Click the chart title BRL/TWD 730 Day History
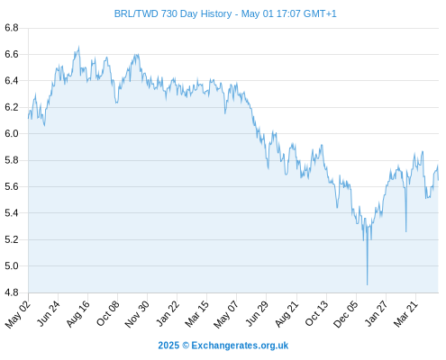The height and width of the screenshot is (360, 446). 173,13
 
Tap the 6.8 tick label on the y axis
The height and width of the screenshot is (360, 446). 12,28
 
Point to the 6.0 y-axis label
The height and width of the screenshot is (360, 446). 12,133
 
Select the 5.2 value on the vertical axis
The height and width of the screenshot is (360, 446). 12,239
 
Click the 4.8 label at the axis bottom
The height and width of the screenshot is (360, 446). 12,292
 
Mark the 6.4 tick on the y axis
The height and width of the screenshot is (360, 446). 12,81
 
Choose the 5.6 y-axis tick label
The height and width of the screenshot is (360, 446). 12,186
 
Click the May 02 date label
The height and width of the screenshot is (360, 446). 18,314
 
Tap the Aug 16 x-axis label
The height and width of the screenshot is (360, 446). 77,314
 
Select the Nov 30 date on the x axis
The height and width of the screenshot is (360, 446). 137,314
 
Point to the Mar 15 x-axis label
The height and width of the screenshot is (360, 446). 196,314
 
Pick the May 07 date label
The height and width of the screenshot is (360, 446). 226,314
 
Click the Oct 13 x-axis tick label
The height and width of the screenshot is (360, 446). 316,314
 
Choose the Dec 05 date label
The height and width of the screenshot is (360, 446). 346,314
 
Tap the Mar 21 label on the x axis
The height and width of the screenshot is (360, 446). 405,314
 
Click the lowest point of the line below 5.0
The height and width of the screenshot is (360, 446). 367,284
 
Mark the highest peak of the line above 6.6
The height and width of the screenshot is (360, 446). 78,46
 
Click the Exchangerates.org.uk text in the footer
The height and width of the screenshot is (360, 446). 240,346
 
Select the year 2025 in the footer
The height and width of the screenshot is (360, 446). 168,346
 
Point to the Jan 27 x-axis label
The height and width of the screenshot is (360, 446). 376,314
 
